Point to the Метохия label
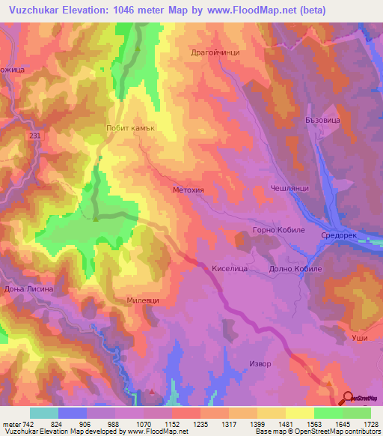(x=189, y=190)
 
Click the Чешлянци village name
(x=289, y=190)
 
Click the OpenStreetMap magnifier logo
(x=346, y=398)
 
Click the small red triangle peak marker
(x=153, y=391)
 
